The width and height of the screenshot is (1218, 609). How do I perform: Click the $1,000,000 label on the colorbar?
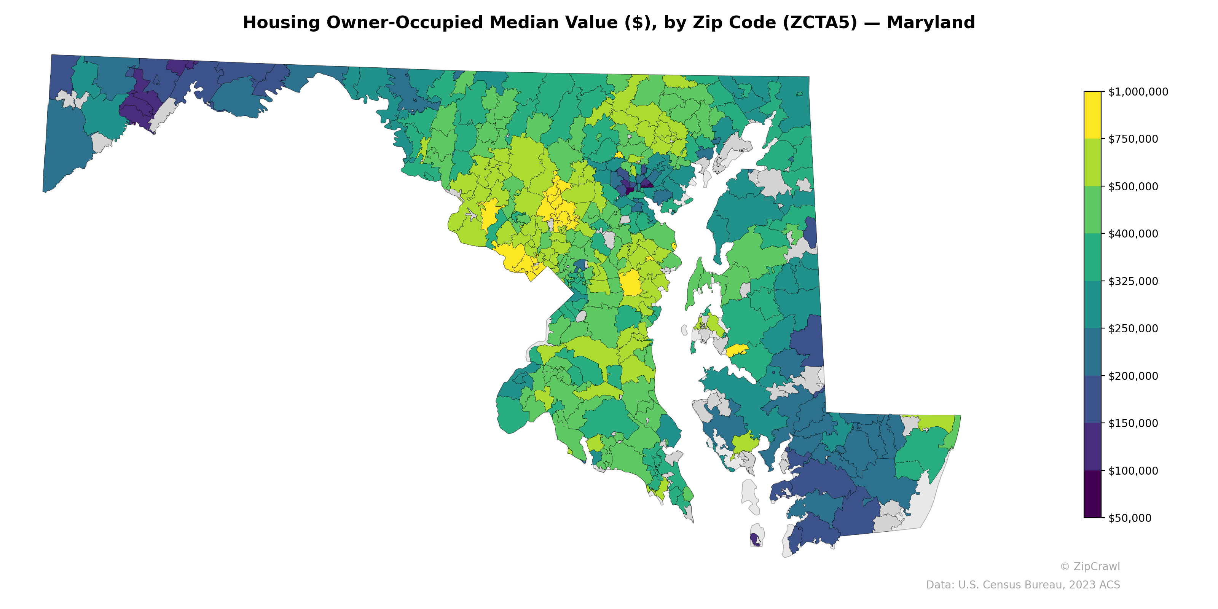pos(1138,92)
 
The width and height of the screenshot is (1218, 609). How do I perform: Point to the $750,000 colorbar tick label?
pos(1133,139)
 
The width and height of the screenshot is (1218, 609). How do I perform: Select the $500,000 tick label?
pos(1133,186)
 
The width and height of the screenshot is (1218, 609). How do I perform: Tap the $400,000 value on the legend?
pos(1133,234)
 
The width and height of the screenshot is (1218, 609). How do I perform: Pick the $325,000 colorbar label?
pos(1133,281)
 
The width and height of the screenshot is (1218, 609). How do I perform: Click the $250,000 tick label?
pos(1133,328)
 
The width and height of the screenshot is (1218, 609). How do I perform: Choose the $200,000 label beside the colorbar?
pos(1133,376)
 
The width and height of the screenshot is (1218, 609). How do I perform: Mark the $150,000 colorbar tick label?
pos(1133,423)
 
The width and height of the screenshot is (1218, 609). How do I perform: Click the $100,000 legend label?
pos(1133,470)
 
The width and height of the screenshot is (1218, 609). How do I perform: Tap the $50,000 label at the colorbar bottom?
pos(1130,518)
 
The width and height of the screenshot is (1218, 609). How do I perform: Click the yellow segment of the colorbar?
pos(1092,115)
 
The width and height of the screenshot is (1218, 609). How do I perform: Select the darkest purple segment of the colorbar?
pos(1092,494)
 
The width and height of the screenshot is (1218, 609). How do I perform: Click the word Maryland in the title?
pos(931,23)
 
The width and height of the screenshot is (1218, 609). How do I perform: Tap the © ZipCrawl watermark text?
pos(1089,566)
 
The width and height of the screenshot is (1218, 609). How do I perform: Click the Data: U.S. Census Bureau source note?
pos(1022,585)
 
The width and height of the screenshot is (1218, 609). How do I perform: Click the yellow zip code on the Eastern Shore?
pos(737,350)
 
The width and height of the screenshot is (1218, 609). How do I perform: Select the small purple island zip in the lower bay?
pos(755,539)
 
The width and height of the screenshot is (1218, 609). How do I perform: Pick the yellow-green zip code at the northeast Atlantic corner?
pos(939,422)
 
